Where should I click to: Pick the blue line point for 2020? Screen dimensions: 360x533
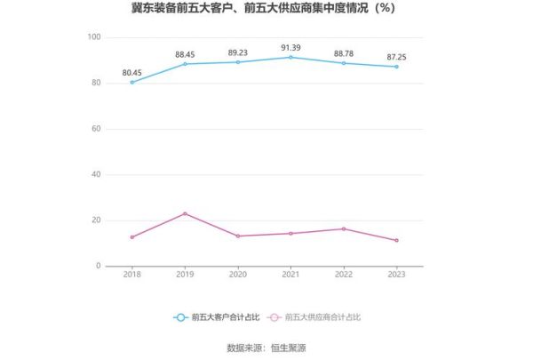coord(238,62)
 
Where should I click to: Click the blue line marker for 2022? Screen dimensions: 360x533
coord(344,63)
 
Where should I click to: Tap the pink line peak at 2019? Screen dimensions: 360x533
coord(185,213)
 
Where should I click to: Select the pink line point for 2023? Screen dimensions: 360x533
coord(396,240)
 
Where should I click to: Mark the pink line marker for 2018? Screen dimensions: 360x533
coord(132,237)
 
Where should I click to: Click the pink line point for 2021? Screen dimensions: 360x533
coord(290,234)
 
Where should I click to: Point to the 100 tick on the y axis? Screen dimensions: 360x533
coord(94,37)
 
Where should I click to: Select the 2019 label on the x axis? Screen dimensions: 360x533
coord(185,276)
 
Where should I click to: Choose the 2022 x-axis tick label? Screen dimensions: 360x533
coord(344,276)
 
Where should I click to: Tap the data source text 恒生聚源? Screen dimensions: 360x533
coord(290,348)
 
